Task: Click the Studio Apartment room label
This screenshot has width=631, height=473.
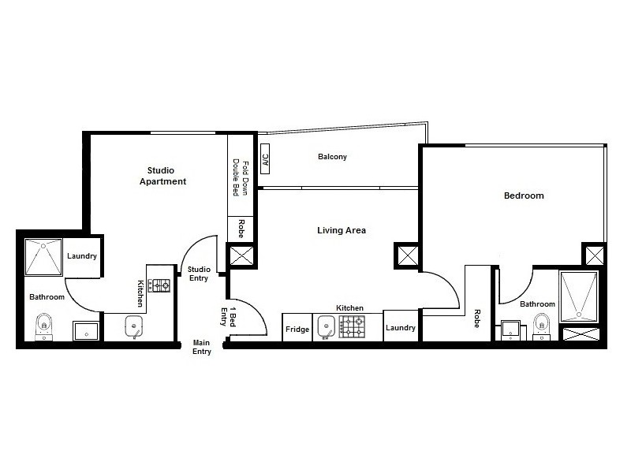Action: click(x=162, y=176)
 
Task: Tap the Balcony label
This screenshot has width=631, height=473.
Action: click(x=332, y=157)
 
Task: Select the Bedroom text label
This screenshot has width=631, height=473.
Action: click(x=524, y=196)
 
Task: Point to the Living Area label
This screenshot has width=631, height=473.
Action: click(x=341, y=231)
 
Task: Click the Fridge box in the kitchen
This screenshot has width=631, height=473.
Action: click(x=297, y=329)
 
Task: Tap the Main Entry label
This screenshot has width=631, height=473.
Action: click(x=202, y=347)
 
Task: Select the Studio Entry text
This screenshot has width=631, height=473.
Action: click(x=199, y=273)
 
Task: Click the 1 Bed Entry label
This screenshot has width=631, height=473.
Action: click(x=228, y=316)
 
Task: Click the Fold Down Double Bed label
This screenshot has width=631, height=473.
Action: click(x=240, y=177)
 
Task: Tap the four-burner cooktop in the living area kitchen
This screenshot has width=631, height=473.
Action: click(x=352, y=326)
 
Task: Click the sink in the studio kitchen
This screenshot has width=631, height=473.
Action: click(x=133, y=326)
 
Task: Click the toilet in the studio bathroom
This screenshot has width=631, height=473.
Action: click(x=45, y=323)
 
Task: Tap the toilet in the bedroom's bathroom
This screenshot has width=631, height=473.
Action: click(x=541, y=324)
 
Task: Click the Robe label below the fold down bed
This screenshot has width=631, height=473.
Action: click(x=241, y=229)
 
